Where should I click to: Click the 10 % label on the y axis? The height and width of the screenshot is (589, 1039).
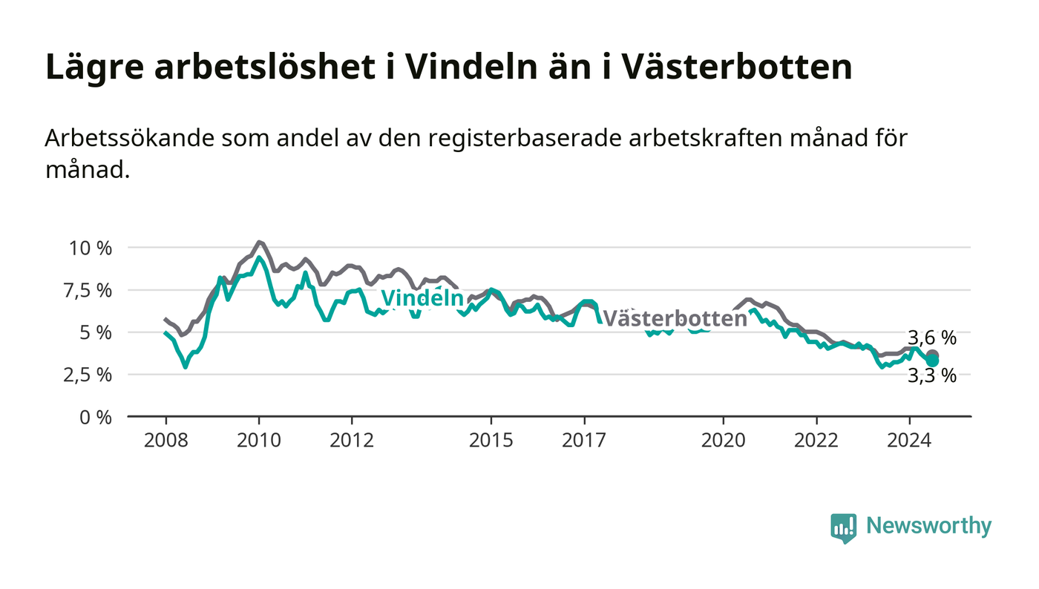[91, 248]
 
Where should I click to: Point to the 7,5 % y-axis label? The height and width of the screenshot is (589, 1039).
[88, 291]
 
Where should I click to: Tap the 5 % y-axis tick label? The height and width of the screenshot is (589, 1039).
[96, 333]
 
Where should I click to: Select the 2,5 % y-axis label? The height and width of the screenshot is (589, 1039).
[88, 375]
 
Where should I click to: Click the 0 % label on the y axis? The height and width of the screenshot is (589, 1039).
[96, 418]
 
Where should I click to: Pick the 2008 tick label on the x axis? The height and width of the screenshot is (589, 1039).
[166, 440]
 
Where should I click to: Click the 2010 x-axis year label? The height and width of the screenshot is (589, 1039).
[259, 440]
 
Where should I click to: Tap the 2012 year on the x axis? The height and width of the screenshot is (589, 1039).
[352, 440]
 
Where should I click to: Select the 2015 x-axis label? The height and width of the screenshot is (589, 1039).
[491, 440]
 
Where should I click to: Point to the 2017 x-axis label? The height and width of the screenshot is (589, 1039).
[584, 440]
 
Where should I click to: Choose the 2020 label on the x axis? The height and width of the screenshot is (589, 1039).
[723, 440]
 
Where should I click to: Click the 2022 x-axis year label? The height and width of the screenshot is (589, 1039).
[816, 440]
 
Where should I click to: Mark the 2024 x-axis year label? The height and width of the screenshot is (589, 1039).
[909, 440]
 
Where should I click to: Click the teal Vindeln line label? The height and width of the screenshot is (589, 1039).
[422, 297]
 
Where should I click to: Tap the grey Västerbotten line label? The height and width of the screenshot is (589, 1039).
[675, 319]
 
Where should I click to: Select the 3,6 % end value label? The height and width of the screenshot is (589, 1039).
[932, 338]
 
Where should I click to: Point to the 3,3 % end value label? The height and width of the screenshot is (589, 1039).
[932, 375]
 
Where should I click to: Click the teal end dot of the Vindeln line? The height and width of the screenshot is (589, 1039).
[932, 361]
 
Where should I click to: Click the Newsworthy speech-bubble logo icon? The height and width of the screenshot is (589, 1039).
[843, 528]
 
